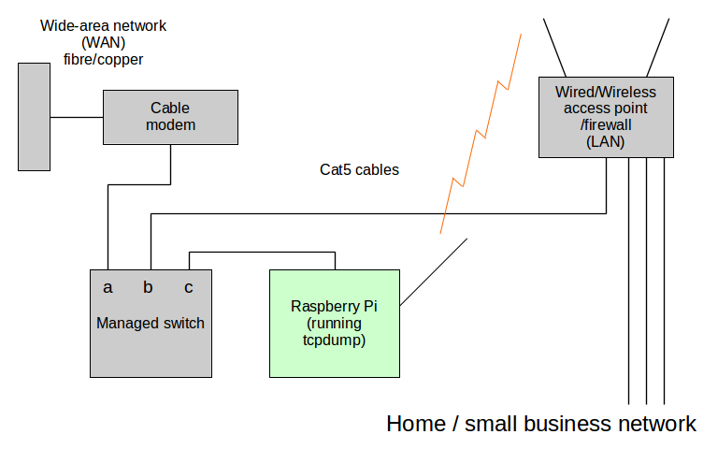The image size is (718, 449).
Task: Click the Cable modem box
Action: tap(171, 117)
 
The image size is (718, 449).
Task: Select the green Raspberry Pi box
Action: tap(334, 324)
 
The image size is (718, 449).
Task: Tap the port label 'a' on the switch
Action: tap(108, 287)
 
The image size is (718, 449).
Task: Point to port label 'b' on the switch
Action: tap(148, 287)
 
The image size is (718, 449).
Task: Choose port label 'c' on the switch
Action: tap(189, 287)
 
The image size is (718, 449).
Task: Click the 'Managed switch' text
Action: tap(151, 324)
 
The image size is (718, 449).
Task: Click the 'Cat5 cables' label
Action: tap(359, 170)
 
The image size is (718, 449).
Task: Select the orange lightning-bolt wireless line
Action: tap(482, 131)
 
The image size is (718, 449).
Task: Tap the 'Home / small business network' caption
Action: tap(540, 424)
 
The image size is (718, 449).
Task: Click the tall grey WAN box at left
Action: tap(35, 117)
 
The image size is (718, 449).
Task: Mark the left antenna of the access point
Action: tap(554, 47)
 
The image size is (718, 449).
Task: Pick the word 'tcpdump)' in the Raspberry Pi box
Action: tap(335, 341)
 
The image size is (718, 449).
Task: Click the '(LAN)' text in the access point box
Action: tap(606, 142)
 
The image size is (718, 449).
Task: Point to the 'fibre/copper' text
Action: tap(103, 59)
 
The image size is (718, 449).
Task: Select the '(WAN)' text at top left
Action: tap(103, 42)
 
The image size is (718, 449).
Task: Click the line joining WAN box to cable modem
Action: tap(76, 117)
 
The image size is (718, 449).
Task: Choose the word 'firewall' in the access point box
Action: tap(609, 125)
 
